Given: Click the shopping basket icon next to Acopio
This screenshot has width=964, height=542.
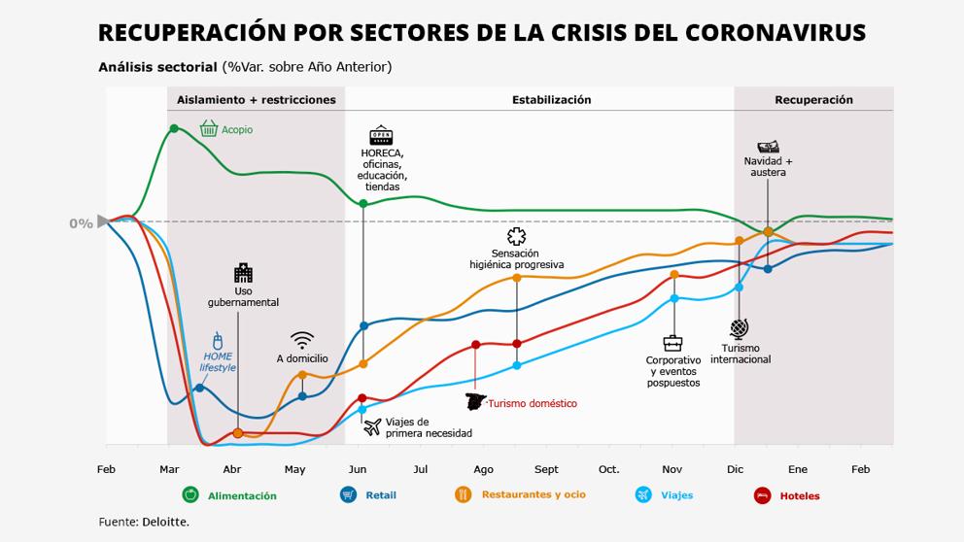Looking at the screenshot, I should (208, 128).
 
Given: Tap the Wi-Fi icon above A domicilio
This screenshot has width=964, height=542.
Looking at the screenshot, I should (302, 340).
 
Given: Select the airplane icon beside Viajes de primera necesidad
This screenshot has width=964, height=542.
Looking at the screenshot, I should (371, 426).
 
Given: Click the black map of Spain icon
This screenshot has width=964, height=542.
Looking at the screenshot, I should (476, 402).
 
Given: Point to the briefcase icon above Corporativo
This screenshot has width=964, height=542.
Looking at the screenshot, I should (672, 343).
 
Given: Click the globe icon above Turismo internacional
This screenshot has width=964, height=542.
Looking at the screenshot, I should (740, 327).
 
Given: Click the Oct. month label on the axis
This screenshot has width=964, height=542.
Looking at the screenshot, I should (608, 470).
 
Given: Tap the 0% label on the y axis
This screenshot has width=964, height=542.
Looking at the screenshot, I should (81, 223).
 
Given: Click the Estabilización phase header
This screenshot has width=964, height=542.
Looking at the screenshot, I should (551, 100).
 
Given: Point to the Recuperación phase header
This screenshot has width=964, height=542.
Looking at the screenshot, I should (813, 100).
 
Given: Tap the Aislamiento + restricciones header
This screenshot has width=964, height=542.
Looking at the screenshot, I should (256, 100).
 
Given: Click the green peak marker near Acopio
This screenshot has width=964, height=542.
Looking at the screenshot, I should (174, 128).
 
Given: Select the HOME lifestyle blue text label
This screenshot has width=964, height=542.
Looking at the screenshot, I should (218, 361).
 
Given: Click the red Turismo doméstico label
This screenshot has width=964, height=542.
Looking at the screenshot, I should (532, 403).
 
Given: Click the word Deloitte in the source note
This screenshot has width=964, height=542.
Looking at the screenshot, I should (165, 523).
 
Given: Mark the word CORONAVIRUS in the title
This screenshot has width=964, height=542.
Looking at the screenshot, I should (775, 33).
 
